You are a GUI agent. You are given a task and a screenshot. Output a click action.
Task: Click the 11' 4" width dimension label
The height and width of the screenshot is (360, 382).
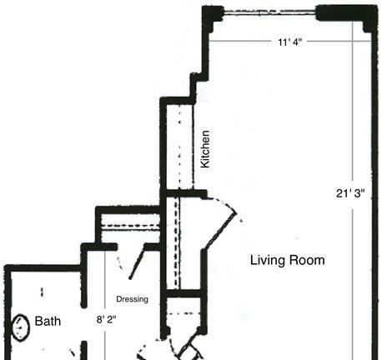[x=290, y=42]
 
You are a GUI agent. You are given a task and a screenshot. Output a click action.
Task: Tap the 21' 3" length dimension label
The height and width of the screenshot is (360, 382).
[x=350, y=193]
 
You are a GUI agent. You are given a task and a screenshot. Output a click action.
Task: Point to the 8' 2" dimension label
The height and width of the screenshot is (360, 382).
[x=106, y=319]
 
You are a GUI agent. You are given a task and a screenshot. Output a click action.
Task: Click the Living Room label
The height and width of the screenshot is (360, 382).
[x=288, y=261]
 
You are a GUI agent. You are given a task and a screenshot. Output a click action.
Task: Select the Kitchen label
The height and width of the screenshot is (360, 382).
[x=205, y=149]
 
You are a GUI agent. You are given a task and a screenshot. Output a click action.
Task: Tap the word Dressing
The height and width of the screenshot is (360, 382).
[x=132, y=299]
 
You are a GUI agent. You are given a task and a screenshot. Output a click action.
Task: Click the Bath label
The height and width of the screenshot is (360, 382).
[x=48, y=321]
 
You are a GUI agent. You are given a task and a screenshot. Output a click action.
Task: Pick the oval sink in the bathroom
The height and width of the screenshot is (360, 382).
[x=21, y=327]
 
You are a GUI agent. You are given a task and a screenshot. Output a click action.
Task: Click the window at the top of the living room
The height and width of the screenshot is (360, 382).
[x=269, y=12]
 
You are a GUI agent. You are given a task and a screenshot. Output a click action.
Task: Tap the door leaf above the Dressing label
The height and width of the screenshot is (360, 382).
[x=137, y=263]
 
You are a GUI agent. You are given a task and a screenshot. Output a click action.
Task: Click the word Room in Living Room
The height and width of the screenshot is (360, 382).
[x=307, y=261]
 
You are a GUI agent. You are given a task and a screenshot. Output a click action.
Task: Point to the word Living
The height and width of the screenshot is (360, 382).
[x=268, y=261]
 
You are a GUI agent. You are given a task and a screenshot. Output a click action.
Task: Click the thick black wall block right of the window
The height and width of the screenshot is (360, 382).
[x=346, y=14]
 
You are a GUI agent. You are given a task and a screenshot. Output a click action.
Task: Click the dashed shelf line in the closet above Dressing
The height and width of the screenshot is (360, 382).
[x=131, y=226]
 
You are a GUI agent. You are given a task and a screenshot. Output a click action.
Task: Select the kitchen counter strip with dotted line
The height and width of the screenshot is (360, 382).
[x=180, y=147]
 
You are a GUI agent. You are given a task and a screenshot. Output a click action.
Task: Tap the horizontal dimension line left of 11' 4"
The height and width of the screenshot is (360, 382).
[x=241, y=41]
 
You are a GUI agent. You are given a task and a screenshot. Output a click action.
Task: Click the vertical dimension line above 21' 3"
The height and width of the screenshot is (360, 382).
[x=353, y=103]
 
